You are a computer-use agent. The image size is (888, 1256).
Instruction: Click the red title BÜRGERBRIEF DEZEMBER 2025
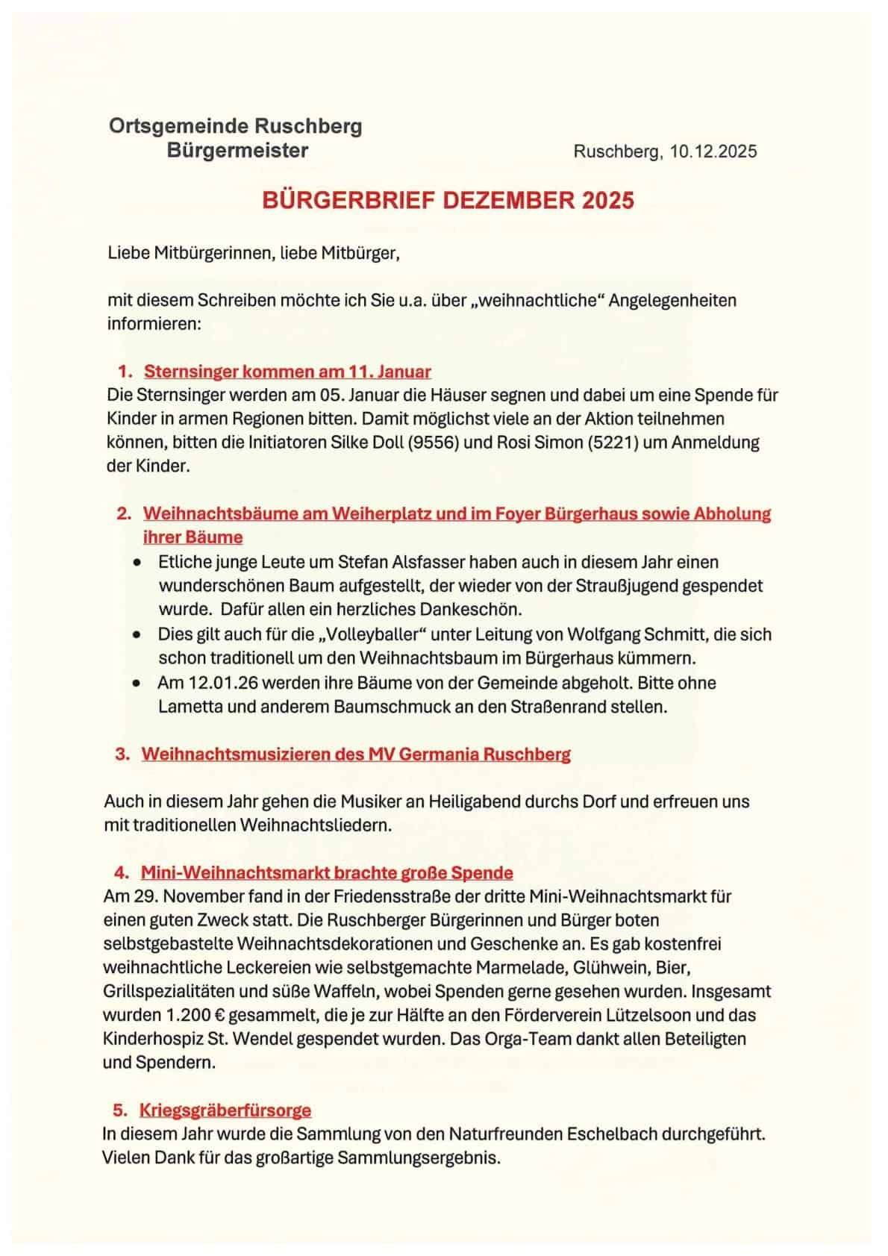click(x=448, y=201)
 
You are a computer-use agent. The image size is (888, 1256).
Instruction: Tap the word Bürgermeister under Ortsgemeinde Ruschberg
click(x=237, y=151)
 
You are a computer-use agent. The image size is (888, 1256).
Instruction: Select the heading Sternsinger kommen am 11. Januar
click(x=287, y=371)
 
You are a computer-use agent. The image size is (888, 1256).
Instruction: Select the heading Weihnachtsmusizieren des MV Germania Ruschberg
click(x=356, y=754)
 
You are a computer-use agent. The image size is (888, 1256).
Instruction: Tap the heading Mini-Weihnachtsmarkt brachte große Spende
click(x=327, y=872)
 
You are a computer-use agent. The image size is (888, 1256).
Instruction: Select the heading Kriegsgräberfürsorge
click(x=225, y=1110)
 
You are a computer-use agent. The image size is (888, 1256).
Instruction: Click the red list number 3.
click(x=122, y=754)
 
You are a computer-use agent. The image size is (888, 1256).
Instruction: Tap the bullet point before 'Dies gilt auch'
click(x=136, y=635)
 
